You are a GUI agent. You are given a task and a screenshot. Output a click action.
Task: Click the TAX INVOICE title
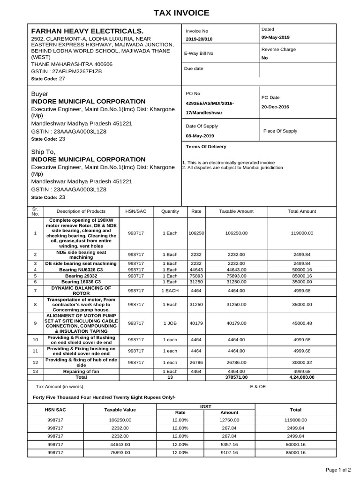[x=180, y=13]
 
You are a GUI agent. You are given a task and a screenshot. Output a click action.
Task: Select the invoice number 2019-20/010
[x=199, y=39]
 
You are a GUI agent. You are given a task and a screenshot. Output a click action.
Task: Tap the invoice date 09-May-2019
[x=276, y=37]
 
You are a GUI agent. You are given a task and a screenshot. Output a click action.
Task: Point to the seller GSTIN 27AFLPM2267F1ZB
[x=66, y=71]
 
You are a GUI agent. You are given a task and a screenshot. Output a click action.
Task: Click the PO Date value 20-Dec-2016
[x=275, y=107]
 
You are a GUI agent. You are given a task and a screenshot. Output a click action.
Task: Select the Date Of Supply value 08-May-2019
[x=200, y=135]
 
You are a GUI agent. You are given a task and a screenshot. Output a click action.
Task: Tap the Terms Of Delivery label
[x=206, y=147]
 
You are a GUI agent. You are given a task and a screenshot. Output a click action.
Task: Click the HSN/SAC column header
[x=136, y=211]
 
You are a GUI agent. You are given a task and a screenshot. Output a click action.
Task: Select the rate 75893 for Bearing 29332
[x=196, y=276]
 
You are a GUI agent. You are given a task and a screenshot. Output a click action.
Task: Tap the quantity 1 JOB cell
[x=170, y=323]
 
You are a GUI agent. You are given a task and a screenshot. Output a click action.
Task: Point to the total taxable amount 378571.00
[x=236, y=377]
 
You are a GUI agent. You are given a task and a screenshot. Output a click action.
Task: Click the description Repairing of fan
[x=82, y=371]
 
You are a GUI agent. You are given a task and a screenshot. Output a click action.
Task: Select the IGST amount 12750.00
[x=229, y=420]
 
